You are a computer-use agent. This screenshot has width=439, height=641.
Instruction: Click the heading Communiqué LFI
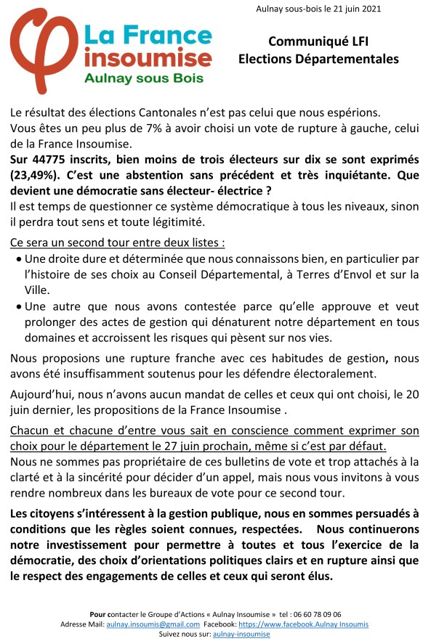(318, 42)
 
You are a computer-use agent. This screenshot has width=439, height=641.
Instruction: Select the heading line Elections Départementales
(318, 59)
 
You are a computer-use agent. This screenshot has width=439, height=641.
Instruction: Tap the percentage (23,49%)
(39, 175)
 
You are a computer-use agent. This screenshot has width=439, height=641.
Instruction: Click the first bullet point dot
(18, 259)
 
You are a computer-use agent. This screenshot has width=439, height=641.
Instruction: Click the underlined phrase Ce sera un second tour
(73, 241)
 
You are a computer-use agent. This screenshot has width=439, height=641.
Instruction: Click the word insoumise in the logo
(148, 57)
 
